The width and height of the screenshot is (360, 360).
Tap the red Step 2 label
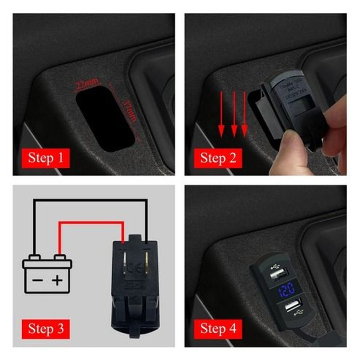(218, 158)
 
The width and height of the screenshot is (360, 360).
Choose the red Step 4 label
(218, 328)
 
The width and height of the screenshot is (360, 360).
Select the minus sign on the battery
(39, 281)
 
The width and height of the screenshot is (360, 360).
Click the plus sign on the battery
(57, 281)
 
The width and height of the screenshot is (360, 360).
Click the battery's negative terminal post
(33, 258)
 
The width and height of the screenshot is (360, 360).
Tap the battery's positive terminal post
(59, 258)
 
